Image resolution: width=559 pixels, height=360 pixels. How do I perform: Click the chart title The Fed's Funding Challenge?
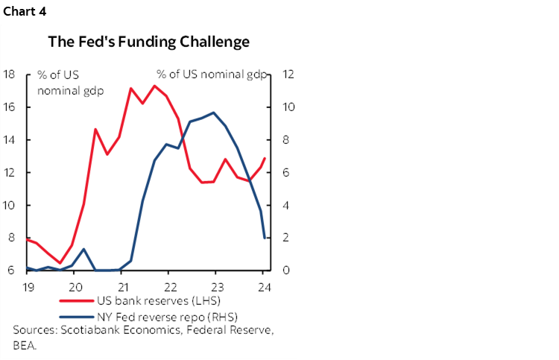coord(148,42)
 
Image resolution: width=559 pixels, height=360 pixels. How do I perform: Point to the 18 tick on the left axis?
coord(10,75)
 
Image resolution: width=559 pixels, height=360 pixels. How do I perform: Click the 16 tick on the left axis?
coord(10,107)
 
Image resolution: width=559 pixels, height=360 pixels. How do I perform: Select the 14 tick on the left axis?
coord(10,140)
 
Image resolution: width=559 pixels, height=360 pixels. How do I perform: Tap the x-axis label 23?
coord(216,286)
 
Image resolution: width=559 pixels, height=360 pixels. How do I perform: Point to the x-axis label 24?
coord(263,286)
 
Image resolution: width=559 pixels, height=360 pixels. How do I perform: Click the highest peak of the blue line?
coord(214,113)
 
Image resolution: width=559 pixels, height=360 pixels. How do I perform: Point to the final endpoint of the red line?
coord(265,157)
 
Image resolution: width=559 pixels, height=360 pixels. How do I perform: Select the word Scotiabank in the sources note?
coord(86,330)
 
